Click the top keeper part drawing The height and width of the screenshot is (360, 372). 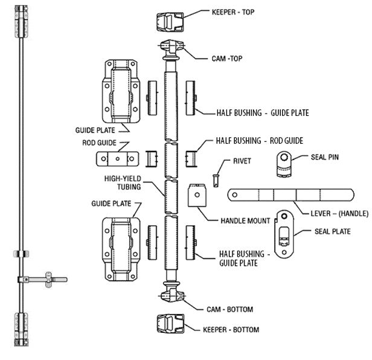[x=169, y=22]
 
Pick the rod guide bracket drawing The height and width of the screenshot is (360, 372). [x=115, y=158]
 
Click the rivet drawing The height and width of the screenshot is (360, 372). [x=216, y=179]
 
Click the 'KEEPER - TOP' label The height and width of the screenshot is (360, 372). [x=232, y=11]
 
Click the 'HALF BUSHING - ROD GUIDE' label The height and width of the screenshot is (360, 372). [x=259, y=141]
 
